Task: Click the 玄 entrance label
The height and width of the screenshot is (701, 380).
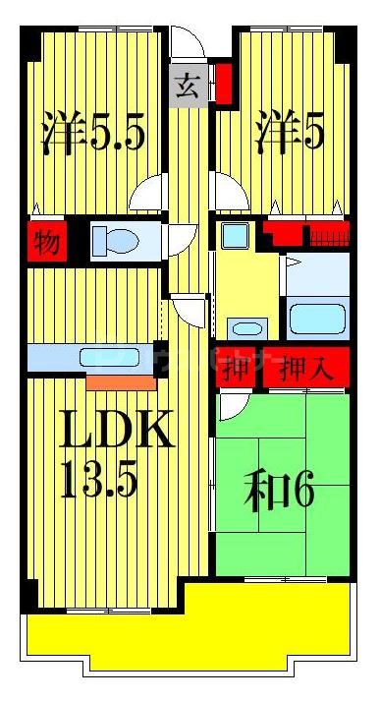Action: tap(188, 87)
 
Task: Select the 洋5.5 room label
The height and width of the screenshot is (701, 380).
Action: tap(94, 134)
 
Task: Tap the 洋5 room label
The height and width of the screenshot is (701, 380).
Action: tap(290, 134)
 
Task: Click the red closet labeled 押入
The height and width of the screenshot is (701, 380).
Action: tap(306, 370)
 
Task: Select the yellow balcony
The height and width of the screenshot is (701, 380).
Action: tap(187, 629)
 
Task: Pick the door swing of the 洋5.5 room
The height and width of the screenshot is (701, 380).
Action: tap(148, 194)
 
